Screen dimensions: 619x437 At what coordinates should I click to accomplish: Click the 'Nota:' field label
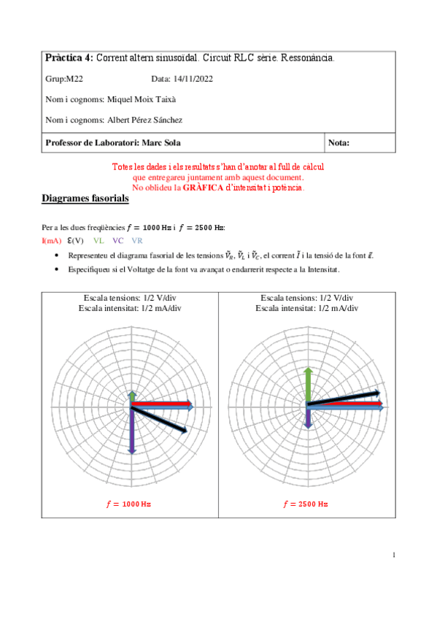(x=339, y=143)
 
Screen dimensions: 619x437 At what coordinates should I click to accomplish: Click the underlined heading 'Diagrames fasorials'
(x=85, y=199)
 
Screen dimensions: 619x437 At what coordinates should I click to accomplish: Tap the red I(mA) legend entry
(x=51, y=240)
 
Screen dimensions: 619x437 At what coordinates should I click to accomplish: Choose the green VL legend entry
(x=98, y=240)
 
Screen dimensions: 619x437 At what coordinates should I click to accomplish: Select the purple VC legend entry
(x=117, y=240)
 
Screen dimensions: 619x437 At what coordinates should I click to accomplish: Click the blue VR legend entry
(x=137, y=240)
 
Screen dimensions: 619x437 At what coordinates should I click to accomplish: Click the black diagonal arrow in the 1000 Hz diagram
(x=161, y=419)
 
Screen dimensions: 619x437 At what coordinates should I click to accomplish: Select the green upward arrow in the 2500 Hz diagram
(x=308, y=385)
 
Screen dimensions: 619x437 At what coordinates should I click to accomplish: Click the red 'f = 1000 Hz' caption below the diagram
(x=131, y=504)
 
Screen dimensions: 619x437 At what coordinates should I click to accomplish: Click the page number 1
(x=394, y=556)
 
